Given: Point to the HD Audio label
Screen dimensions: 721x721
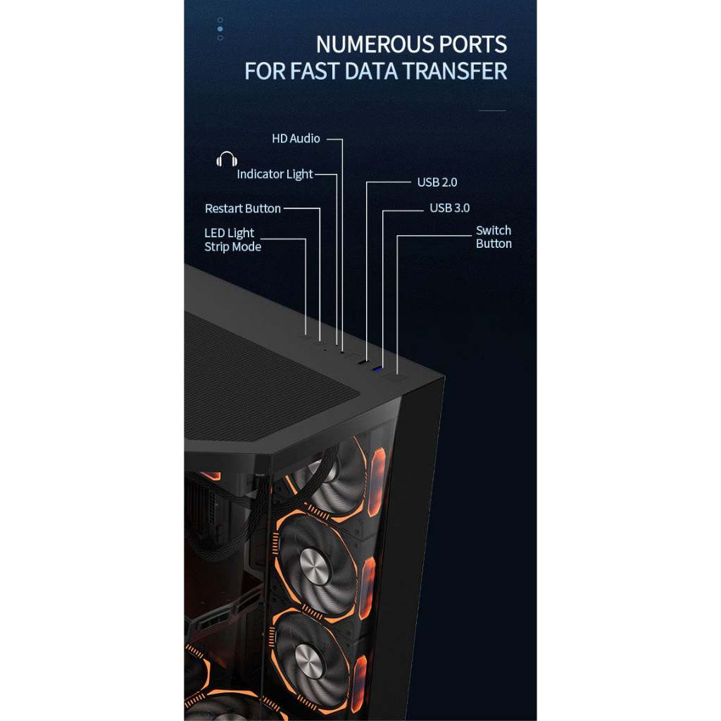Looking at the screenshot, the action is point(296,139).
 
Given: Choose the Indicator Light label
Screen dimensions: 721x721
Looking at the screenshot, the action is point(275,174).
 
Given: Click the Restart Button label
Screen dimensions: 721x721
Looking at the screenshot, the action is point(242,208).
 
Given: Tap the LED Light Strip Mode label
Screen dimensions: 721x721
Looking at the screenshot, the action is point(232,239).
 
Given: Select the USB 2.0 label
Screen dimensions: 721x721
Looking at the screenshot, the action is point(437,182).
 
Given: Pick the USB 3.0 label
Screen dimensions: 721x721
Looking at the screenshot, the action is point(449,208).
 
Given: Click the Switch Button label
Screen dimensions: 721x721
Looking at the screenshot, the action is point(494,237).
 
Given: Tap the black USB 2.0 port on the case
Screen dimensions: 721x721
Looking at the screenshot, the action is point(361,362).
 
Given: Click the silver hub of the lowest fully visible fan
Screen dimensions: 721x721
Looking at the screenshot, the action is point(309,660).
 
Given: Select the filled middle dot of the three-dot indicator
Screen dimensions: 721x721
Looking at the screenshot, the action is point(220,29).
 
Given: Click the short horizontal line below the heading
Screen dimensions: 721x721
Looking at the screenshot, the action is point(491,111).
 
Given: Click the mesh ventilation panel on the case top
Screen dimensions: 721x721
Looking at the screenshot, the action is point(268,380).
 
